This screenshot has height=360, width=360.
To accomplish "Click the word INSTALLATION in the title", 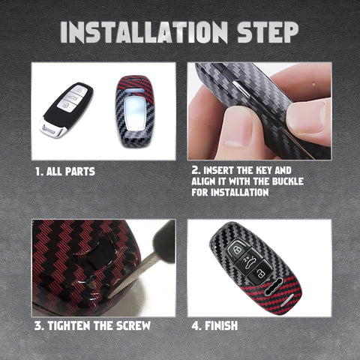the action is click(144, 32).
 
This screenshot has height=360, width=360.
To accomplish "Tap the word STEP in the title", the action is click(268, 32).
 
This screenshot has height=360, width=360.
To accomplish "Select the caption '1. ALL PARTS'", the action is click(65, 172).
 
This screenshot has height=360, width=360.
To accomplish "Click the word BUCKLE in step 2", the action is click(288, 181).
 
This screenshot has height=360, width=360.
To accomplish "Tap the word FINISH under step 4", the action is click(221, 325).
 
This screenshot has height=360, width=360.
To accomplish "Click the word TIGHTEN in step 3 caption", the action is click(69, 325).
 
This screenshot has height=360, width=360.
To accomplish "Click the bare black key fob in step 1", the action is click(66, 109).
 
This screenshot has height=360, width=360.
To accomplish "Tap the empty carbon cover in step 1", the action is click(134, 111).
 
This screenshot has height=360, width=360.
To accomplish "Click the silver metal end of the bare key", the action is click(52, 128).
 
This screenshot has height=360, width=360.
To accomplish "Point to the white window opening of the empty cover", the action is click(135, 113).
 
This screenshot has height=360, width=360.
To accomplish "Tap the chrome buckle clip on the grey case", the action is click(241, 88).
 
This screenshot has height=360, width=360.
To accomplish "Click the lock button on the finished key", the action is click(236, 249).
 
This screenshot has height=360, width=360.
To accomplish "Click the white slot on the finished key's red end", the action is click(286, 299).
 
